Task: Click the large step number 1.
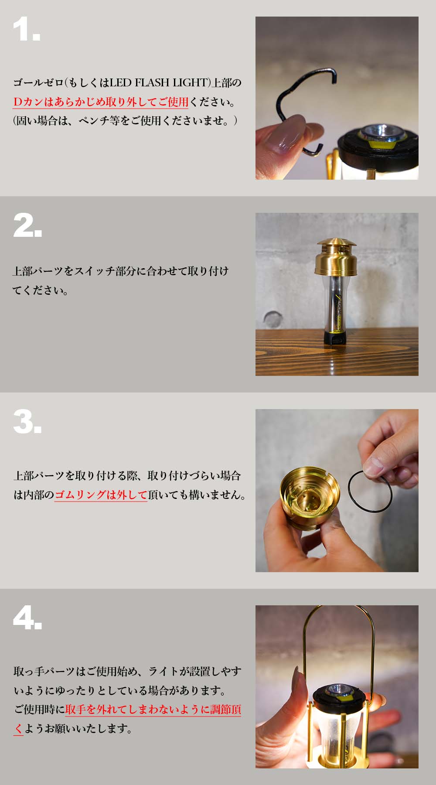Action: point(26,30)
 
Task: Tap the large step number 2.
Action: point(27,226)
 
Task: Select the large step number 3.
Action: point(27,423)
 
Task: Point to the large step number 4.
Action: point(27,618)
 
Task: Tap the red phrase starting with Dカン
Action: point(101,102)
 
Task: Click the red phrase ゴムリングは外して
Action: point(101,495)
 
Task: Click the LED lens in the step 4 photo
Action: point(339,689)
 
